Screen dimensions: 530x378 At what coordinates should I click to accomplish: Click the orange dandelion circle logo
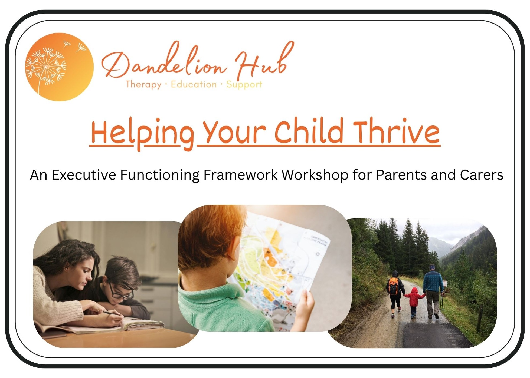59,67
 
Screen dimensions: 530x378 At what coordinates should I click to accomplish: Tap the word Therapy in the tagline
143,85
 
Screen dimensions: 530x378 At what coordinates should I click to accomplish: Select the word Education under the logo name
194,84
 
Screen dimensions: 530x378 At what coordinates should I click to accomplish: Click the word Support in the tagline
244,85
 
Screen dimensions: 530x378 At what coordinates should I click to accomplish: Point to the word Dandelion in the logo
164,61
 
